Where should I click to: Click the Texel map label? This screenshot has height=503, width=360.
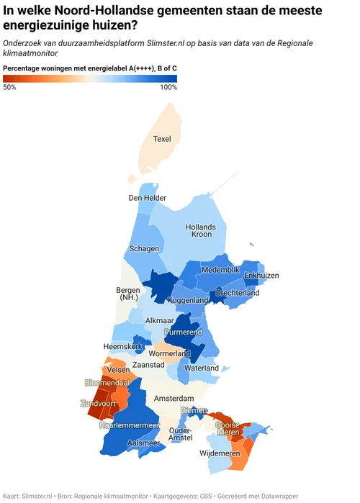(163, 138)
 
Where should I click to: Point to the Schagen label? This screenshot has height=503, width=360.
(144, 249)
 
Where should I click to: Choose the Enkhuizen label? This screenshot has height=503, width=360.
(261, 276)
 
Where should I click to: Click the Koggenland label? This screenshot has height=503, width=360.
(188, 300)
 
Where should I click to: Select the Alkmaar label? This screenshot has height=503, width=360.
(159, 321)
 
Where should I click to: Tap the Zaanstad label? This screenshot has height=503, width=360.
(149, 365)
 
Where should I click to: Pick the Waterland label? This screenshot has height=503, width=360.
(202, 368)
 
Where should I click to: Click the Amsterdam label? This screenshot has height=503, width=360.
(174, 398)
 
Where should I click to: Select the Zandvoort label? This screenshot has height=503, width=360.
(99, 403)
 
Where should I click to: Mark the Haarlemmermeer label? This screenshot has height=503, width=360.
(129, 425)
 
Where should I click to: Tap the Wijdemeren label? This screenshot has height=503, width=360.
(220, 455)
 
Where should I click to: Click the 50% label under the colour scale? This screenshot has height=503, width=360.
(10, 87)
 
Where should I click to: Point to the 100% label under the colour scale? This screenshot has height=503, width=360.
(168, 87)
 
